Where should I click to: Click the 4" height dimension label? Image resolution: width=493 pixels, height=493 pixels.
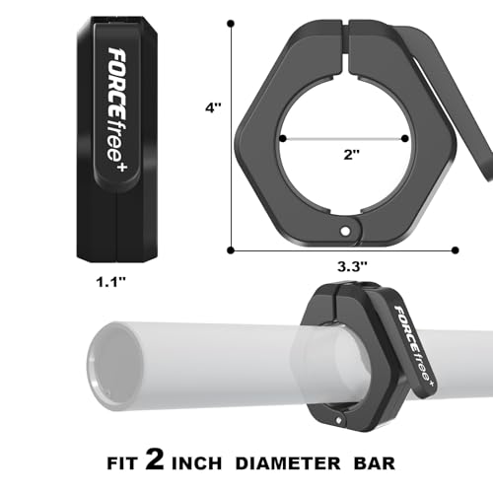[213, 107]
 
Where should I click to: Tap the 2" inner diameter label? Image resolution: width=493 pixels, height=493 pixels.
[352, 154]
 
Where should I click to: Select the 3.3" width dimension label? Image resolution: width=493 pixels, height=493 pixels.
[352, 266]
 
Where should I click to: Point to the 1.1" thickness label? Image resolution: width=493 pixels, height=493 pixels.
[111, 282]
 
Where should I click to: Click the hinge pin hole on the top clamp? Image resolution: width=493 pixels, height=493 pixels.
[345, 232]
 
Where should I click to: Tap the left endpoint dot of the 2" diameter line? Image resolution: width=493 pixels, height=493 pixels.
[282, 138]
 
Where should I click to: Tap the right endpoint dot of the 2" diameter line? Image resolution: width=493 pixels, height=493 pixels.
[405, 138]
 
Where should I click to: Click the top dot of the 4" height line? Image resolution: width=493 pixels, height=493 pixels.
[231, 24]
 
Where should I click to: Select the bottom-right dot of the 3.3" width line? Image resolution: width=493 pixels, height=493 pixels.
[456, 250]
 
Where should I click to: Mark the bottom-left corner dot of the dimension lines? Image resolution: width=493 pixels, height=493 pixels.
[231, 250]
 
